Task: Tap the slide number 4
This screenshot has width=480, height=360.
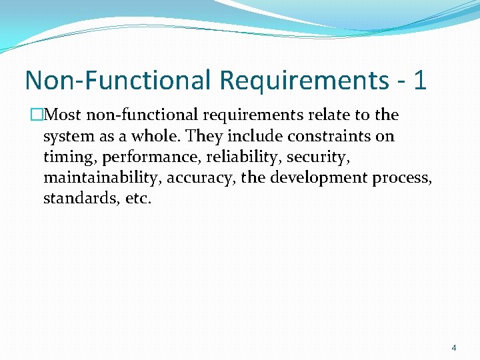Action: (454, 347)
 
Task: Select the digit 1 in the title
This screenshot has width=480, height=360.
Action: (419, 80)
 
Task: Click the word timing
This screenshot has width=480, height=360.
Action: (70, 158)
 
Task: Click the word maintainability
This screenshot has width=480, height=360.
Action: (102, 179)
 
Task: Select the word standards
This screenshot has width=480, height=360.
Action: (76, 199)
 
